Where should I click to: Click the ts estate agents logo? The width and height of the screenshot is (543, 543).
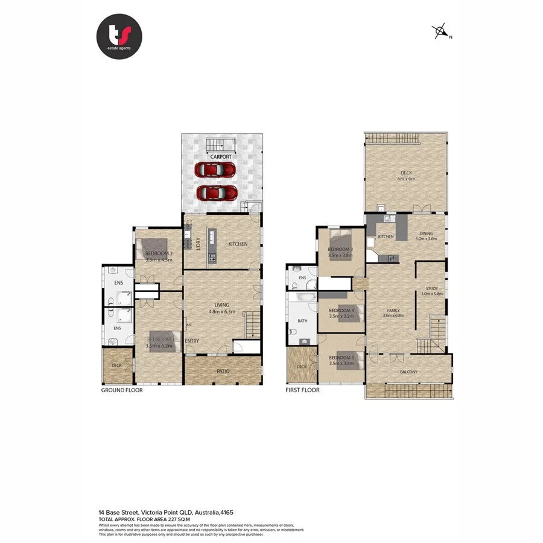point(119,36)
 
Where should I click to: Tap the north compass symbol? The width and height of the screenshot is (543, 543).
point(442,32)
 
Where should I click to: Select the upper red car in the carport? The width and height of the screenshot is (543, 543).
point(214,170)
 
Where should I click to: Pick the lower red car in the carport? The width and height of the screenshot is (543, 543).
point(217,193)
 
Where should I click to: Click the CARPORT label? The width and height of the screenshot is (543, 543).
point(221,157)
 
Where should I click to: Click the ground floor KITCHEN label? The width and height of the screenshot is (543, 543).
point(238,244)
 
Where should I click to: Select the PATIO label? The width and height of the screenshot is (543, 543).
point(223,371)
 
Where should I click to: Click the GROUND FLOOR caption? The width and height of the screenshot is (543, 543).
point(121,390)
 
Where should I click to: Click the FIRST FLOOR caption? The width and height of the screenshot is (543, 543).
point(303,390)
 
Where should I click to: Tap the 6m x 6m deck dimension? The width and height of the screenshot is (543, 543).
point(405,179)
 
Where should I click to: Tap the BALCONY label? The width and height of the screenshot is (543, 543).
point(408,372)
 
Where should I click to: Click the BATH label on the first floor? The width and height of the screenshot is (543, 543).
point(302,321)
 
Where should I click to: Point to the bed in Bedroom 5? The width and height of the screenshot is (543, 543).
point(349,360)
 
